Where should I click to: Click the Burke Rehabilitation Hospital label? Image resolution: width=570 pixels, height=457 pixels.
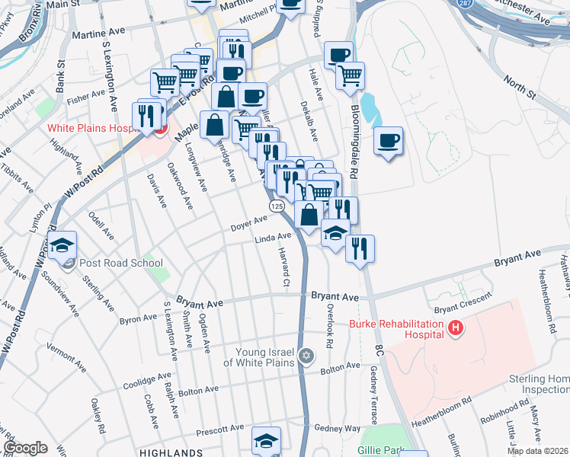click(x=396, y=329)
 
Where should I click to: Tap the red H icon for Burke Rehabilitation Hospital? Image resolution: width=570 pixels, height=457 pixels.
click(x=456, y=329)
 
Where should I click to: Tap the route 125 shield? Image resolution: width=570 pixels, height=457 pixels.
click(x=276, y=207)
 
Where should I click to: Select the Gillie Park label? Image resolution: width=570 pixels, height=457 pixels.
click(x=380, y=450)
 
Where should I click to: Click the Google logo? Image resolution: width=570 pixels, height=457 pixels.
click(x=25, y=448)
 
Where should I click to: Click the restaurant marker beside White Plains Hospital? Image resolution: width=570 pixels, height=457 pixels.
click(x=148, y=115)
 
